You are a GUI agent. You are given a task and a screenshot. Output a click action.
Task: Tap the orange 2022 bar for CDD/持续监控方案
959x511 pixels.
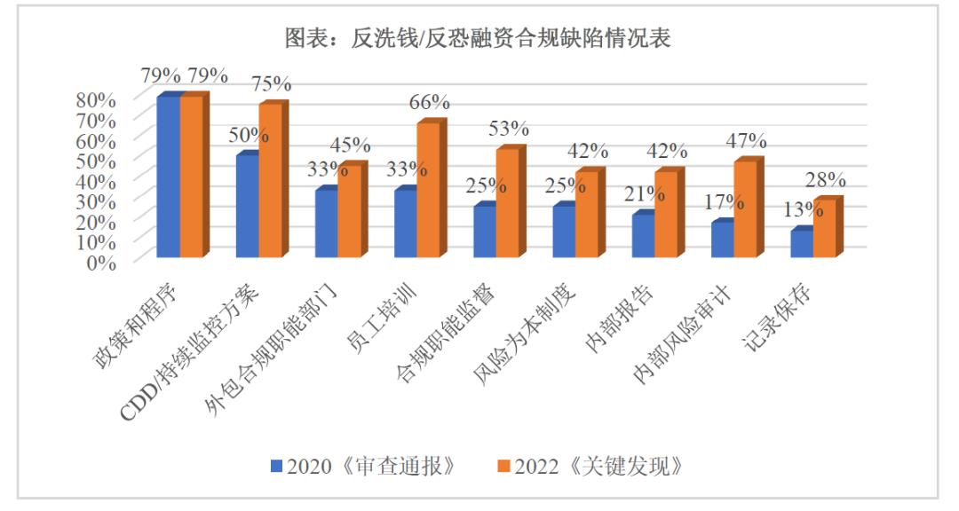pyautogui.click(x=270, y=181)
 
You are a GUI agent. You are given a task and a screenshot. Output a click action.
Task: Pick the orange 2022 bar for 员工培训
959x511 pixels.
pyautogui.click(x=428, y=190)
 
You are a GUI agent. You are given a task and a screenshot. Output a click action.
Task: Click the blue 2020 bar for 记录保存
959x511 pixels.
pyautogui.click(x=802, y=243)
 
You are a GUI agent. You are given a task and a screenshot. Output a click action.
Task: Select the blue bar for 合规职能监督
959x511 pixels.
pyautogui.click(x=485, y=232)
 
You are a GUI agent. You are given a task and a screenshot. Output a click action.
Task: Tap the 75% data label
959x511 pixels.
pyautogui.click(x=270, y=84)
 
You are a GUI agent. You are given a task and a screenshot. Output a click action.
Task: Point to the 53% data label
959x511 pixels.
pyautogui.click(x=508, y=130)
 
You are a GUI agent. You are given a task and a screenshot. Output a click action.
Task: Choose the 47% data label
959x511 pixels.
pyautogui.click(x=745, y=141)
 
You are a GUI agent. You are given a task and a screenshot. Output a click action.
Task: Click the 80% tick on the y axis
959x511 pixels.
pyautogui.click(x=94, y=98)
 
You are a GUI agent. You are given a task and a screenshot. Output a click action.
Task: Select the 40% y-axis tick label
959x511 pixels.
pyautogui.click(x=94, y=179)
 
